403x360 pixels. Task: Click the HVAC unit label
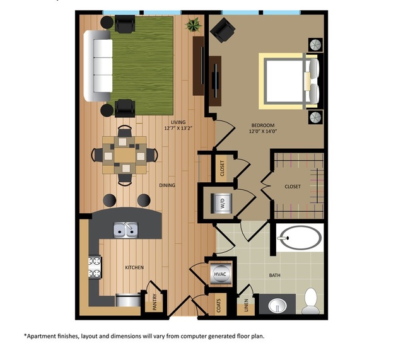(x=221, y=275)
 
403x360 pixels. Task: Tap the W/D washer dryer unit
(x=222, y=203)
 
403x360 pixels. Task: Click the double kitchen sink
(x=125, y=230)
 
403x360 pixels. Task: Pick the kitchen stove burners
(x=95, y=267)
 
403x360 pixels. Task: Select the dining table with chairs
(x=125, y=153)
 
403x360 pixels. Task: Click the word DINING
(x=166, y=185)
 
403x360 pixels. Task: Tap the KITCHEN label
(x=134, y=267)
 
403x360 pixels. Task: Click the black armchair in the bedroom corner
(x=223, y=28)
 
